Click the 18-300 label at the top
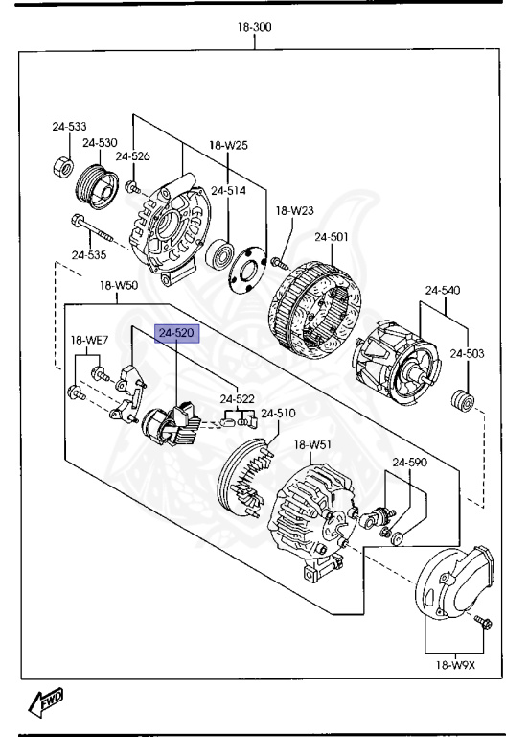tap(255, 27)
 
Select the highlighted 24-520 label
tap(177, 333)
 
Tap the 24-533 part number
tap(69, 126)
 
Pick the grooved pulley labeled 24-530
tap(98, 183)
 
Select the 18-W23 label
tap(295, 210)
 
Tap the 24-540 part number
tap(444, 289)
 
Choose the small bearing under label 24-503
tap(462, 399)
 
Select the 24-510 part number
tap(280, 413)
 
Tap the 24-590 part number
tap(409, 462)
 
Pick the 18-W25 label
tap(229, 145)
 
